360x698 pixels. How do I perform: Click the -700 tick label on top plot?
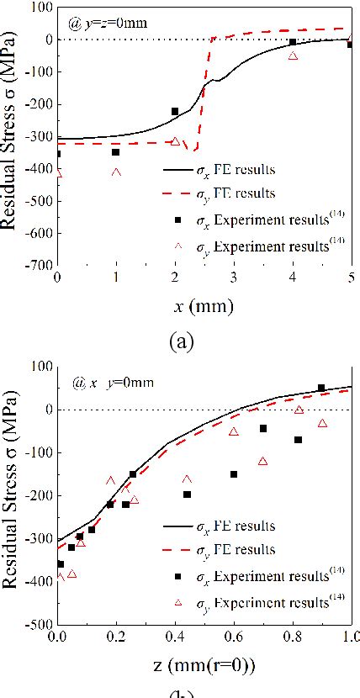point(37,264)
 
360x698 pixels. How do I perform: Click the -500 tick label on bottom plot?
point(37,625)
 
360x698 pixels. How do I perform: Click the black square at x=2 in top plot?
point(175,111)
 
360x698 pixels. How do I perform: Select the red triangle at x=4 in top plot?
point(293,56)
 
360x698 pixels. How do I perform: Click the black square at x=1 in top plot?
point(116,152)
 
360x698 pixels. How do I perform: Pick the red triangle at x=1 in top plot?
point(116,173)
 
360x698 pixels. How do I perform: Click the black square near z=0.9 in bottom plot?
point(321,388)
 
